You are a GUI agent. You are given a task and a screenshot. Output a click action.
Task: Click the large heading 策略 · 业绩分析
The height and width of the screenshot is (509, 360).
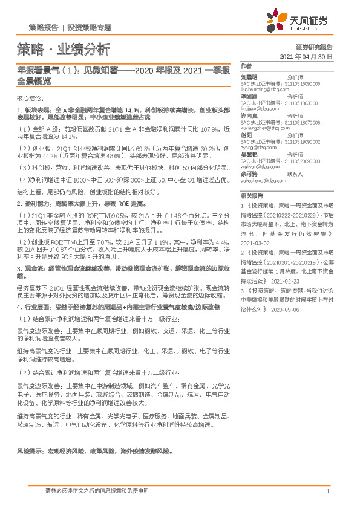64,49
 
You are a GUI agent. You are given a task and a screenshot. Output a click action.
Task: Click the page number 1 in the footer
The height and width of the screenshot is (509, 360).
327,491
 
